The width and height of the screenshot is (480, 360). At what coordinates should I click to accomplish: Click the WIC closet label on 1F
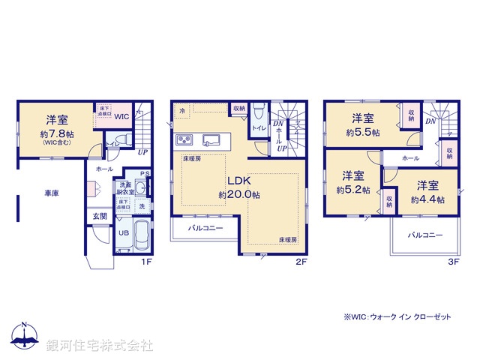pyautogui.click(x=122, y=116)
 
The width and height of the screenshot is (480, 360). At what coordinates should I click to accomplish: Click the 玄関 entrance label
pyautogui.click(x=100, y=216)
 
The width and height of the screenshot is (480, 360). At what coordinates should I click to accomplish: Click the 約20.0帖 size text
pyautogui.click(x=239, y=194)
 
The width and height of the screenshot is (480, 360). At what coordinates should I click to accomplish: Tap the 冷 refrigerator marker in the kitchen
pyautogui.click(x=181, y=110)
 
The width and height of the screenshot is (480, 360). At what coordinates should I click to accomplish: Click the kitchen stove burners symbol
pyautogui.click(x=184, y=139)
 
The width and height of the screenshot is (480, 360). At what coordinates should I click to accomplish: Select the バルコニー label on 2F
pyautogui.click(x=205, y=227)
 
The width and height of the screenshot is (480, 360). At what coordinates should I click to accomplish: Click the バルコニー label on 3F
pyautogui.click(x=424, y=235)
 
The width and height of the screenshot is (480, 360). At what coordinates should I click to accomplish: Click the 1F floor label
pyautogui.click(x=148, y=262)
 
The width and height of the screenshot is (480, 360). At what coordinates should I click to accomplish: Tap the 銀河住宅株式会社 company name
pyautogui.click(x=100, y=346)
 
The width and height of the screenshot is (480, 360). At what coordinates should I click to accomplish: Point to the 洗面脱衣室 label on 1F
pyautogui.click(x=124, y=188)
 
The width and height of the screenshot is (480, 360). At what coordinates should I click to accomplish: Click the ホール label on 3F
pyautogui.click(x=410, y=158)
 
